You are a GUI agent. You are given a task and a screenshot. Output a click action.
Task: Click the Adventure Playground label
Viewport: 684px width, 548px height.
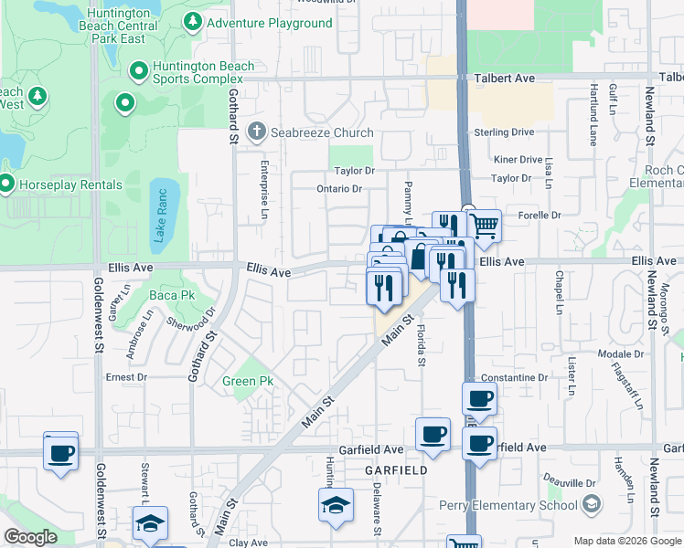pyautogui.click(x=269, y=23)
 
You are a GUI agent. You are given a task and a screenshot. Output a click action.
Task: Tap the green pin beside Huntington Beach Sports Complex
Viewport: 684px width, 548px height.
pyautogui.click(x=139, y=70)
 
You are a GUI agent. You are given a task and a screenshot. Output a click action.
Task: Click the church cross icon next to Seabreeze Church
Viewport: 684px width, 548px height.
pyautogui.click(x=256, y=132)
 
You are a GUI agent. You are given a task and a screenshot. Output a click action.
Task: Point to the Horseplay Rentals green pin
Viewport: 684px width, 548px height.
pyautogui.click(x=6, y=184)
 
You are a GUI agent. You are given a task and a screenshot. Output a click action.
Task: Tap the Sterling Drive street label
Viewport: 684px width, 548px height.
pyautogui.click(x=503, y=132)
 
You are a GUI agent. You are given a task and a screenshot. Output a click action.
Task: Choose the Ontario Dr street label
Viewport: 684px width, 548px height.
pyautogui.click(x=340, y=189)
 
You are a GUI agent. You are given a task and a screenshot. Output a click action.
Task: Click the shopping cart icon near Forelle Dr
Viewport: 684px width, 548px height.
pyautogui.click(x=485, y=224)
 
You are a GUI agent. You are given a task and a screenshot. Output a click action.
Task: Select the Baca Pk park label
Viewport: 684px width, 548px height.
pyautogui.click(x=173, y=296)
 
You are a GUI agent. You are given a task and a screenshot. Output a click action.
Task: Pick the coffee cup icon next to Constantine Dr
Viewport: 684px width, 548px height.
pyautogui.click(x=479, y=399)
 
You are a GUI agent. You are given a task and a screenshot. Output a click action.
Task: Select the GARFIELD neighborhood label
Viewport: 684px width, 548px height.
pyautogui.click(x=397, y=469)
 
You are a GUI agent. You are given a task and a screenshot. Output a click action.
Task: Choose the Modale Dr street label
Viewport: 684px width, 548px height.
pyautogui.click(x=621, y=353)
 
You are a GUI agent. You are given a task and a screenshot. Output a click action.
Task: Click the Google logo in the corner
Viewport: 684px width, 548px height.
pyautogui.click(x=30, y=537)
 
